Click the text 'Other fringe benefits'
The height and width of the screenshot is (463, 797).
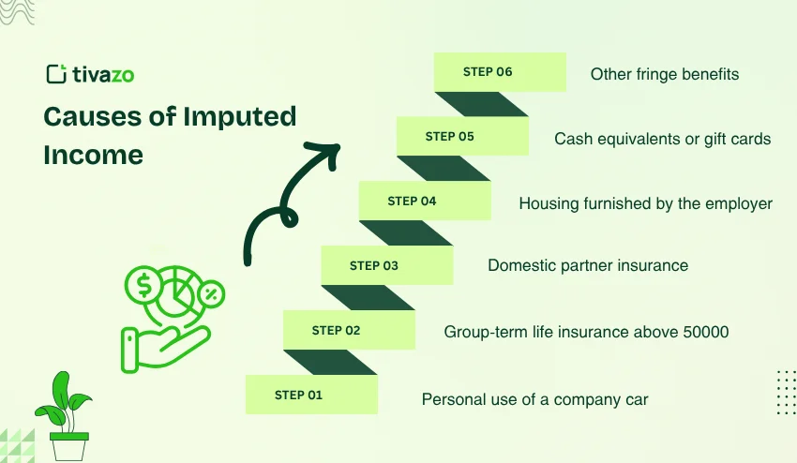[x=664, y=74]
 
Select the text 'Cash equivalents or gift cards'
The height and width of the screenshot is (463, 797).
[x=662, y=139]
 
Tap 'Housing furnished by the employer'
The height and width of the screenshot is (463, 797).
[x=645, y=203]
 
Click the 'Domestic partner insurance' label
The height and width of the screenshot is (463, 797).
[x=588, y=265]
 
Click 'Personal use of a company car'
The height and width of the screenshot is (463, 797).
[x=534, y=399]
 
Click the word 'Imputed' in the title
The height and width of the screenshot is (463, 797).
[x=240, y=117]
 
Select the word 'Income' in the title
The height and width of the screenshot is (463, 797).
[x=93, y=155]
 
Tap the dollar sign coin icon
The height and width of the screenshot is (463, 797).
[x=148, y=284]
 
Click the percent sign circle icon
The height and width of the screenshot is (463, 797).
[x=211, y=294]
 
